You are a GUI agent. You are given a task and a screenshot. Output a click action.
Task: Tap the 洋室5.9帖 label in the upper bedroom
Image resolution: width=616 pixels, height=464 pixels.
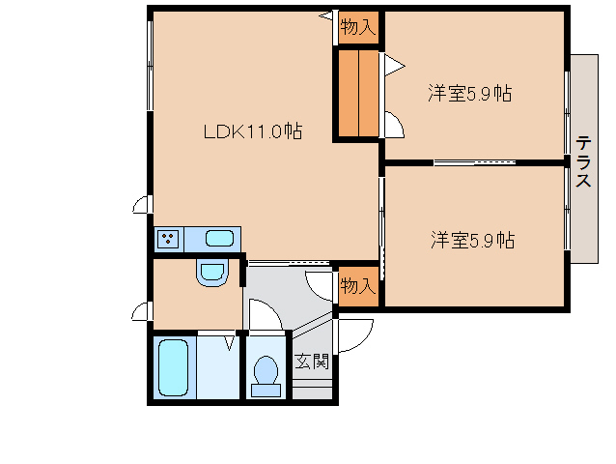tap(470, 94)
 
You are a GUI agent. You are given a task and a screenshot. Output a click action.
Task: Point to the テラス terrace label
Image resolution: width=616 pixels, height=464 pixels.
tap(584, 161)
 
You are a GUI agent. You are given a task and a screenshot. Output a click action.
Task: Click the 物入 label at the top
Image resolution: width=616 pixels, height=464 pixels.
tap(357, 27)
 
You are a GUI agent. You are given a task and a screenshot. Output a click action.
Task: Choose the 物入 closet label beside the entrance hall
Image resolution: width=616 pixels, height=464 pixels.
tap(357, 286)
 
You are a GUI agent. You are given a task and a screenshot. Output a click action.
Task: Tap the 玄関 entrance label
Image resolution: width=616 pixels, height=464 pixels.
tap(312, 362)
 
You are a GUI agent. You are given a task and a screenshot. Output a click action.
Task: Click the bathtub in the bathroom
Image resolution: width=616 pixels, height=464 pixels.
tap(174, 367)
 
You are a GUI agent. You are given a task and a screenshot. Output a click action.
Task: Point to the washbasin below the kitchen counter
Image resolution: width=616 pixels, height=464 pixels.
tap(210, 274)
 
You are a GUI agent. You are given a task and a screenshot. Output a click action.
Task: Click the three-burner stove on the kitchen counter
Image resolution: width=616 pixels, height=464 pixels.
tap(167, 239)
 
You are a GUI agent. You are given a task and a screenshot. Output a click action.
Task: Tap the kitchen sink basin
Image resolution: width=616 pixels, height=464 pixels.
tap(220, 239)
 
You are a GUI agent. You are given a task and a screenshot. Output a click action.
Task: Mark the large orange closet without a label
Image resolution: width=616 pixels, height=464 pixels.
tap(358, 93)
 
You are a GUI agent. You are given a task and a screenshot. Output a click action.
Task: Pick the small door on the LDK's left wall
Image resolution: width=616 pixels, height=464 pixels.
tap(142, 205)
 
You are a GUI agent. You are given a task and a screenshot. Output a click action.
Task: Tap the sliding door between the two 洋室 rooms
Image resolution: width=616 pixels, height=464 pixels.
tap(473, 162)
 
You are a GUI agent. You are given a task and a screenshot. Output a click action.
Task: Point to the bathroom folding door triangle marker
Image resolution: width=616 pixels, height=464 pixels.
tap(231, 341)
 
